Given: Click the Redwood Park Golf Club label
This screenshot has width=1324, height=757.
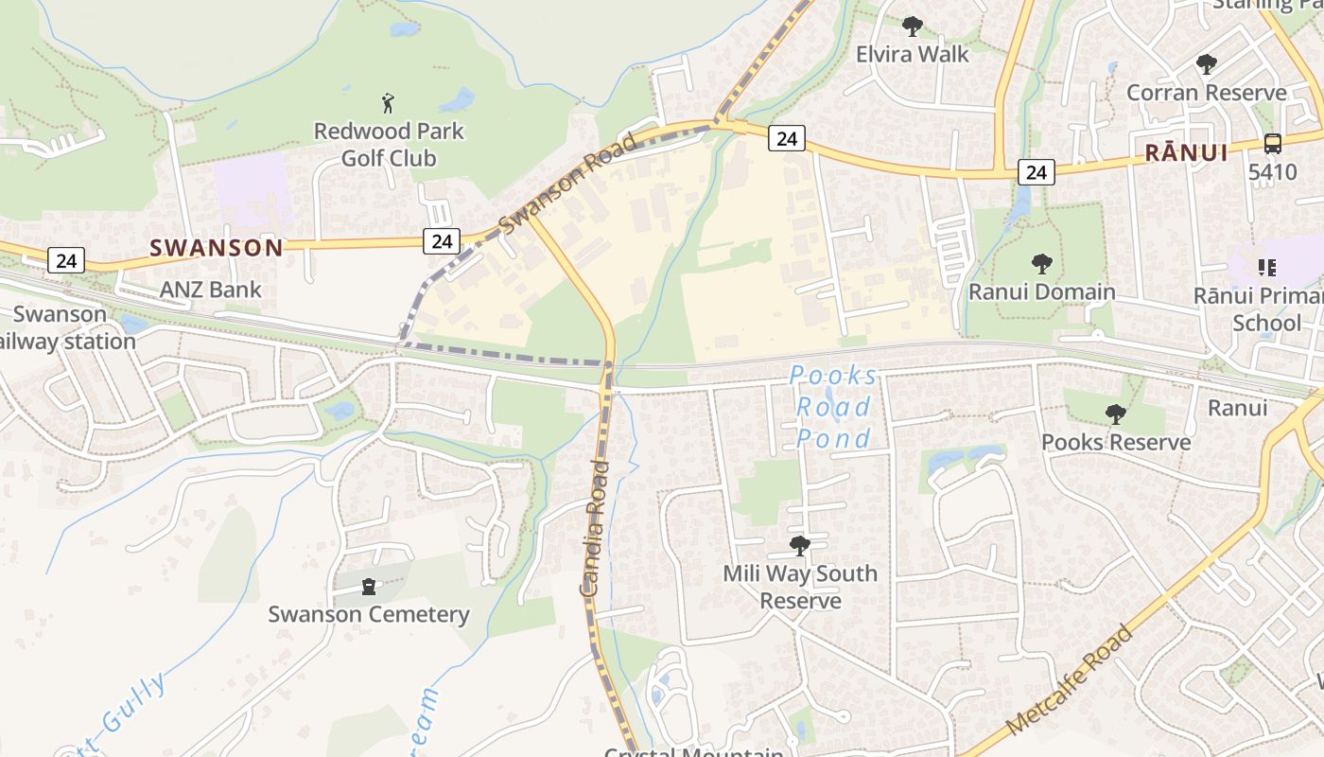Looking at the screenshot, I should point(389,144).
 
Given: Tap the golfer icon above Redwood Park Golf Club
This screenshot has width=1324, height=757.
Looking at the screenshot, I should point(388,102).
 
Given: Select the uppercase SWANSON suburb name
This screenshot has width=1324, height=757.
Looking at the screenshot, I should point(217,248).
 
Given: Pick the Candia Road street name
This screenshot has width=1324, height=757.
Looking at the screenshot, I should point(593,527).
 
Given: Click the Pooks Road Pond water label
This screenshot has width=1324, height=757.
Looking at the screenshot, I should point(831,407).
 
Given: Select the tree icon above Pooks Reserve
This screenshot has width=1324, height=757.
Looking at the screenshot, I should point(1116,414).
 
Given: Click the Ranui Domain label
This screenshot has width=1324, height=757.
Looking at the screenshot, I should point(1041,291).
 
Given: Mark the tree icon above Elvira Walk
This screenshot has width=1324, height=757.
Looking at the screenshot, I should point(912,26).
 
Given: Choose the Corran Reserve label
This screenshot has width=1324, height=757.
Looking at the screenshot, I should point(1206,93).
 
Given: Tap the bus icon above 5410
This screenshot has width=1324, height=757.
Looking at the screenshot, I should point(1273,144).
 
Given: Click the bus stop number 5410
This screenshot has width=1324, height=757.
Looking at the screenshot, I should point(1272,172).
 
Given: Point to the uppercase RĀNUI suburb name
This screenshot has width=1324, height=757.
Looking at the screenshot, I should point(1186,152).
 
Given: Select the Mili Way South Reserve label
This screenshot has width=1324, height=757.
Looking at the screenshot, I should point(800,587).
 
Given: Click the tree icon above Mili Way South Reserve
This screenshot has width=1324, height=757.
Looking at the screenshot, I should point(800,545).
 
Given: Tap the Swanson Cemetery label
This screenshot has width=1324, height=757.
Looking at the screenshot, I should point(368,614).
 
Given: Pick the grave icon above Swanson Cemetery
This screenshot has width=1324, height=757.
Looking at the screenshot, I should point(369,587).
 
